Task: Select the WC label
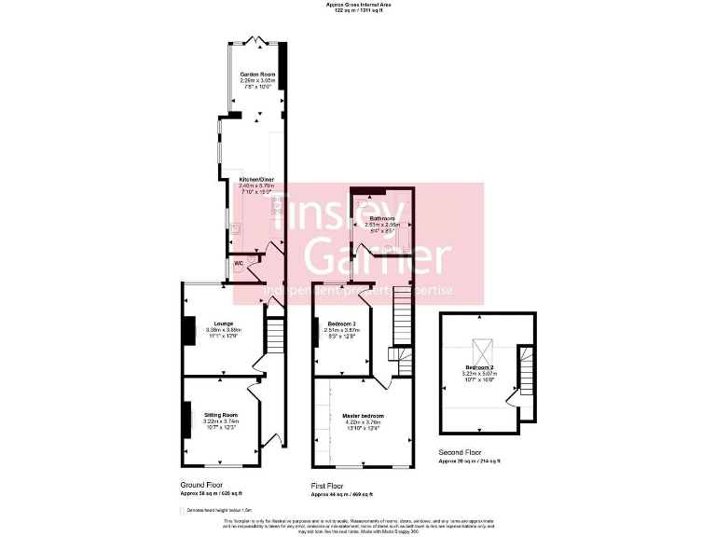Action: [x=239, y=264]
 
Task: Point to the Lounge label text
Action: [x=223, y=324]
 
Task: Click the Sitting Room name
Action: [x=221, y=414]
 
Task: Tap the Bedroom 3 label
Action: [x=342, y=324]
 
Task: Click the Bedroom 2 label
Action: [x=481, y=367]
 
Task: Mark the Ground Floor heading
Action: [x=201, y=485]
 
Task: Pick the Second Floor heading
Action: [x=461, y=452]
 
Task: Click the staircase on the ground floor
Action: [x=274, y=334]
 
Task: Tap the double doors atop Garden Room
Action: [x=257, y=41]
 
